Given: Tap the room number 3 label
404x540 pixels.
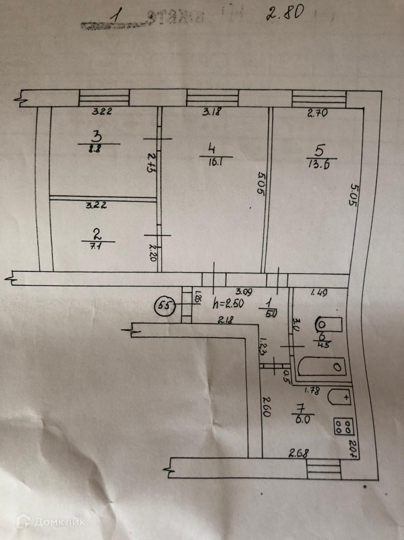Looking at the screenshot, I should (x=97, y=136).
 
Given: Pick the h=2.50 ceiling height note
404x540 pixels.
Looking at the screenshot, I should (x=228, y=303).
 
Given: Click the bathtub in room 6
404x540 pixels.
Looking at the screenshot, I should (x=322, y=366).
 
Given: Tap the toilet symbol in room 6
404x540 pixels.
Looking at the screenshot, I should (x=329, y=324).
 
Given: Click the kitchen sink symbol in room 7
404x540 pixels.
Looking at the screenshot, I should (x=339, y=397).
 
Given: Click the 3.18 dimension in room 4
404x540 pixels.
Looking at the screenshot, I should (x=212, y=112).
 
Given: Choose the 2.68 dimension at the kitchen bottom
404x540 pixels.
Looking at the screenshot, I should (x=299, y=454).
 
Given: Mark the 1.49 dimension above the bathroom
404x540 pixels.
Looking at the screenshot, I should (x=320, y=292).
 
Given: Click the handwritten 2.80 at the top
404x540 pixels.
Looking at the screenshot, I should (x=285, y=13).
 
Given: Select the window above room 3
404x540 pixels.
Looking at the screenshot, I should (x=104, y=99).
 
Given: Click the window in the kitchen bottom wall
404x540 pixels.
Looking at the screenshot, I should (x=323, y=469).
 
